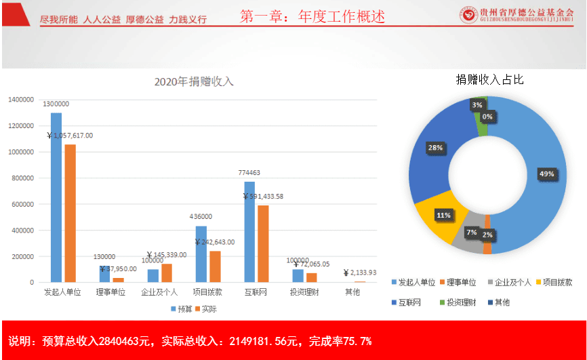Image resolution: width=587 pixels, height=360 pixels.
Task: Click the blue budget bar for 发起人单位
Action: coord(56,197)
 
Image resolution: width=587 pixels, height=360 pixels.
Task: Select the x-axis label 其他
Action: coord(354,292)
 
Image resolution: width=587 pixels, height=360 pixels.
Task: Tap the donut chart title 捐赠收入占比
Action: coord(489,80)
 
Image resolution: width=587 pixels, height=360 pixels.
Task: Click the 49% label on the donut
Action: coord(546,174)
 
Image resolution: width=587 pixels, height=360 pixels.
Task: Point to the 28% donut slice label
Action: coord(435,147)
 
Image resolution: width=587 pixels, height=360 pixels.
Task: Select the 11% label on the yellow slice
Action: coord(443,216)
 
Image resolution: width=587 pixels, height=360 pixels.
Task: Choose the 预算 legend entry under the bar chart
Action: coord(181,308)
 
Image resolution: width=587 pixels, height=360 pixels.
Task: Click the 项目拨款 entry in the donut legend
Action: coord(555,282)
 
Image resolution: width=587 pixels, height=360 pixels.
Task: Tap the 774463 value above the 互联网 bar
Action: coord(249,173)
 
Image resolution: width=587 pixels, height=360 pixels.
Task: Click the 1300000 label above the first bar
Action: coord(56,104)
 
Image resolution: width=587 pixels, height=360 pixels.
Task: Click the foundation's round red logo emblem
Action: coord(467,14)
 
